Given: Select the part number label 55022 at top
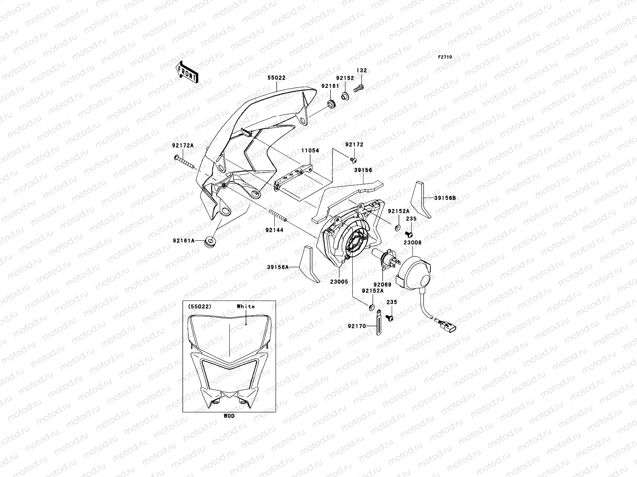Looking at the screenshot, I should pos(276,78).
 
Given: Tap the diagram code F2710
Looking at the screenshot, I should pos(445,57).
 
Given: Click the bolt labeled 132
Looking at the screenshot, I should pos(360,87).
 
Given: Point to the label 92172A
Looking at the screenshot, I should pos(183,145).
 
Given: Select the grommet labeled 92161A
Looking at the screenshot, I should pos(209,241).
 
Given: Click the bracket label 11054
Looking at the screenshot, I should pos(310,151).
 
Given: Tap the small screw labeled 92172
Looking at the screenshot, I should pos(352,159).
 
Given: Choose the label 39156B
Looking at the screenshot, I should pos(445,198).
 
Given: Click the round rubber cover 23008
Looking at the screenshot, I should pos(415,272).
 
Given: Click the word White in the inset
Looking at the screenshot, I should pos(246,306).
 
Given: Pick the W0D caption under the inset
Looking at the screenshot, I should pos(229,416).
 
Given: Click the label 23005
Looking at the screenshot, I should pos(339,281).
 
